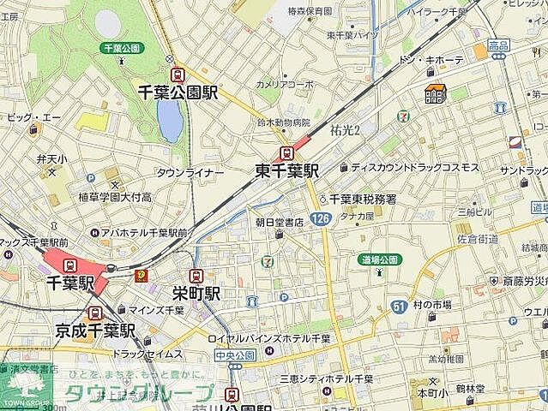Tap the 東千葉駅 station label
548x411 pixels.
287,170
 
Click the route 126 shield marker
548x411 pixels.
320,220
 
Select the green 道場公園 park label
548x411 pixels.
379,259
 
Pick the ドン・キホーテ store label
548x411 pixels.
431,60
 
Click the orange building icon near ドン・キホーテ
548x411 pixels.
434,95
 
